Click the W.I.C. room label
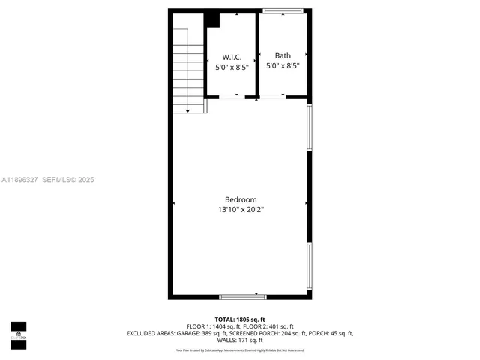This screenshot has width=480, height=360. (232, 57)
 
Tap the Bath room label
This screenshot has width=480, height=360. (283, 55)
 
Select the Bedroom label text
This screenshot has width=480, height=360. (241, 199)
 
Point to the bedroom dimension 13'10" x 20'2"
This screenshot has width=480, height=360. (241, 210)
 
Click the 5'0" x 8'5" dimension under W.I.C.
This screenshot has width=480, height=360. (232, 66)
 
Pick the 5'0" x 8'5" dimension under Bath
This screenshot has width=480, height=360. (283, 65)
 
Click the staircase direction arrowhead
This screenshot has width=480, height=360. (187, 110)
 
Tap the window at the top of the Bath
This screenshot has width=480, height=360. (283, 10)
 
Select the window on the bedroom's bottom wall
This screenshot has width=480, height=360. (243, 297)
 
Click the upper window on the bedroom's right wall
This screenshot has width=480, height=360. (310, 127)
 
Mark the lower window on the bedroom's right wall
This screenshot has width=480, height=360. (310, 266)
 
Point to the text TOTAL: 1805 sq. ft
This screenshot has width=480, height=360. (240, 319)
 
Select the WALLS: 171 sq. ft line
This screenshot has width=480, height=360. (240, 340)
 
